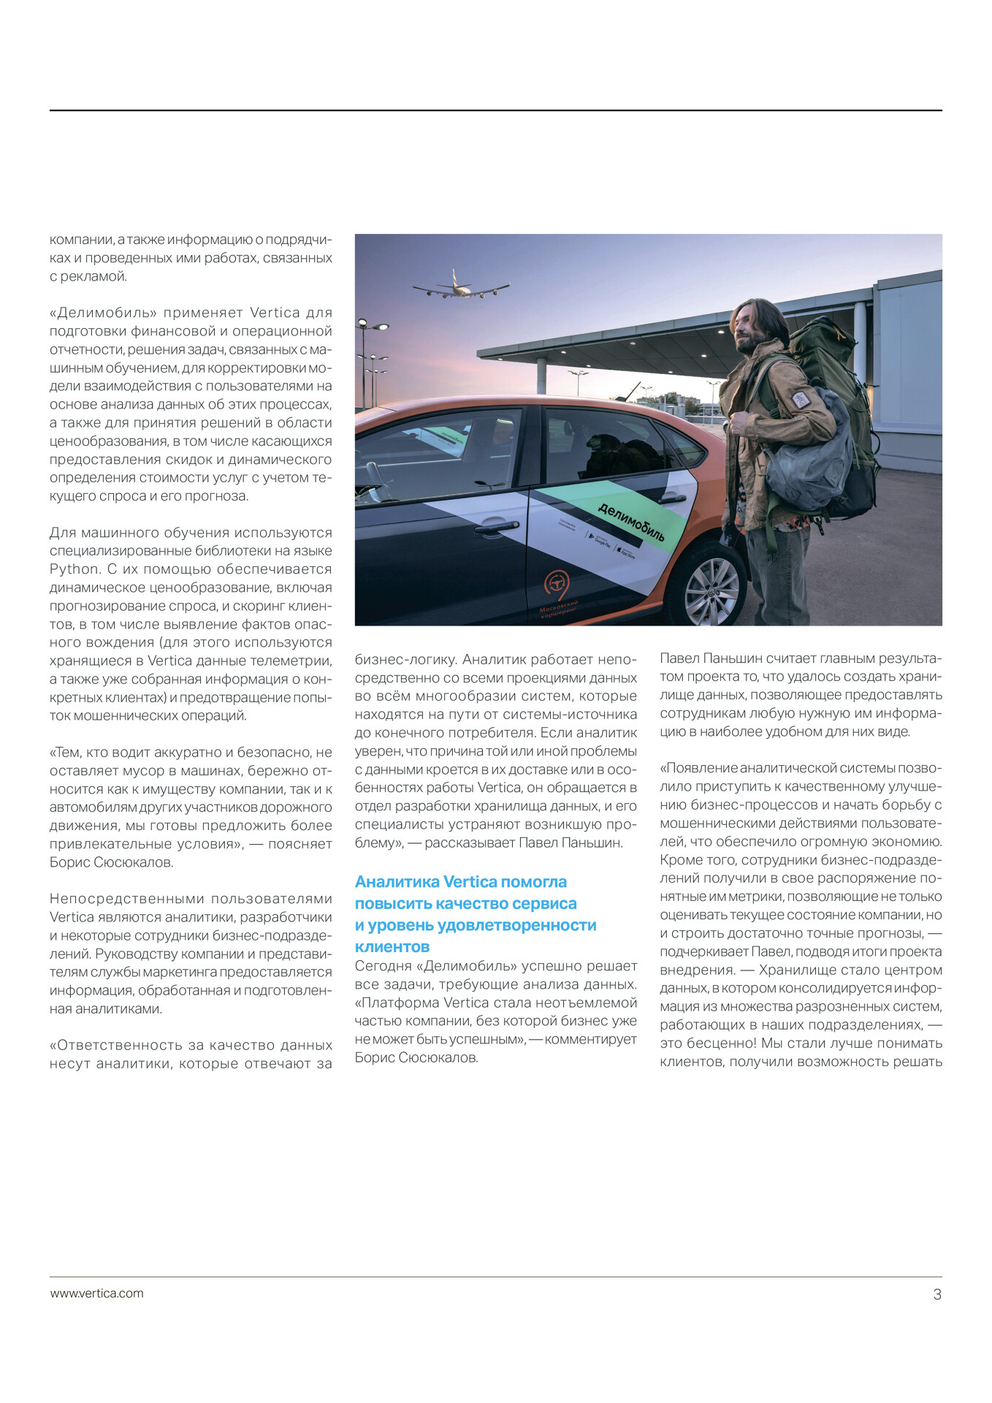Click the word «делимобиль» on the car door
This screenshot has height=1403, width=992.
[631, 522]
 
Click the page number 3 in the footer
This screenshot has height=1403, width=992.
[937, 1295]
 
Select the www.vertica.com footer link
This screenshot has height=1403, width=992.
[96, 1293]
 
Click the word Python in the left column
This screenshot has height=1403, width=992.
[75, 569]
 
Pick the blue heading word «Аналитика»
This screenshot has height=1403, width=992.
[397, 882]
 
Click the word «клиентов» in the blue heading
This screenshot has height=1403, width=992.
[392, 947]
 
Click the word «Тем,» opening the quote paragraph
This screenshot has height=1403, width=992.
[66, 753]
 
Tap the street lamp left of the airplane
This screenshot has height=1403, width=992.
[365, 325]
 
